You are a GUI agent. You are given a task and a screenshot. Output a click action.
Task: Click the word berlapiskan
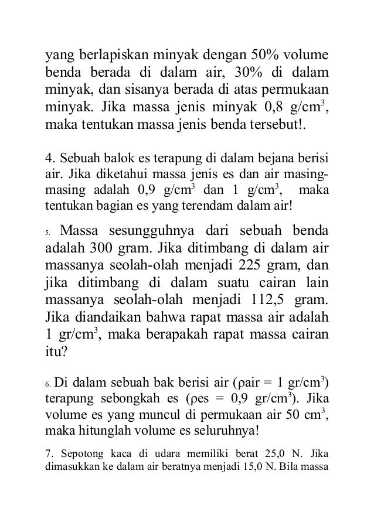point(108,56)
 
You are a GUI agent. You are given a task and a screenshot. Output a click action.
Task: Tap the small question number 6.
point(49,385)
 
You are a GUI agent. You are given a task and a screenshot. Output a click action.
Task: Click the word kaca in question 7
point(107,453)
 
